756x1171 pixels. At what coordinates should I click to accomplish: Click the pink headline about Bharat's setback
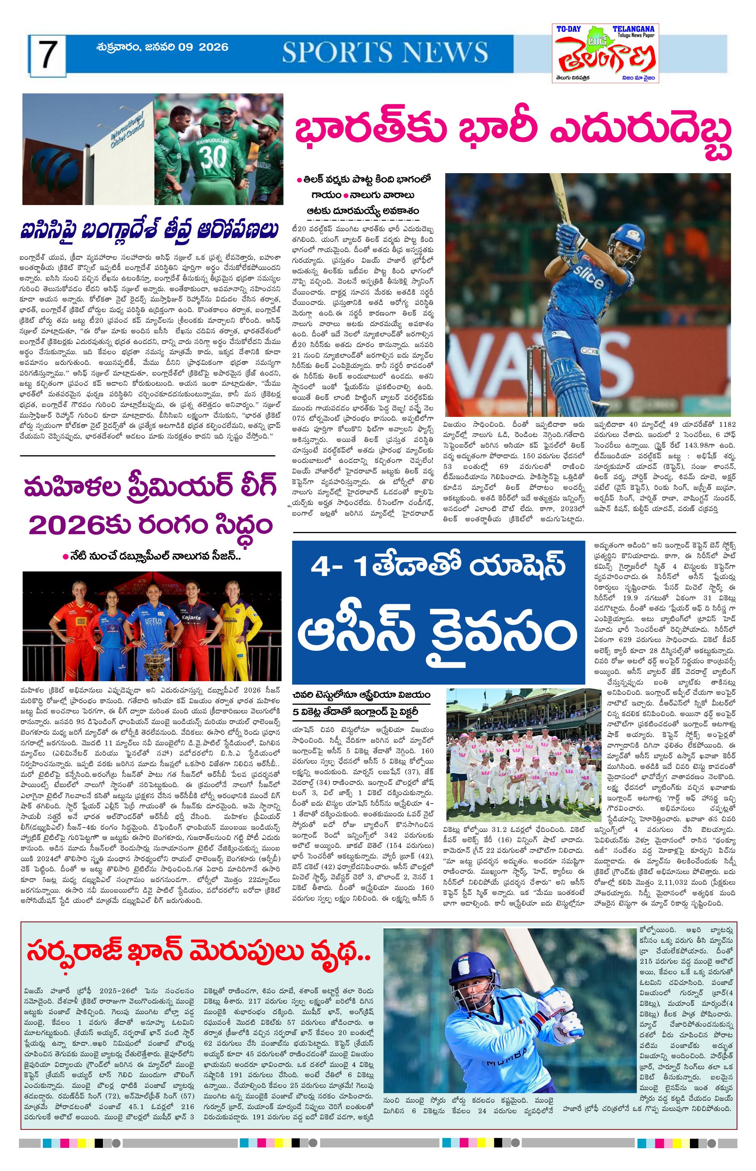coord(513,136)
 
